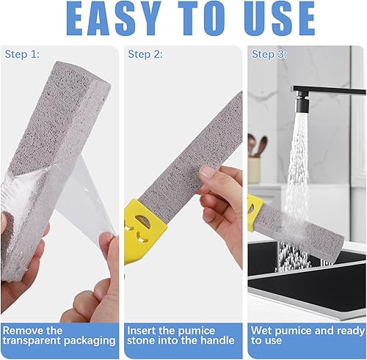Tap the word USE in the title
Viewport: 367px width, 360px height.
280,18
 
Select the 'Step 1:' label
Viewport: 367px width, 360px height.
22,54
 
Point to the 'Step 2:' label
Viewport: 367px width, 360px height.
145,54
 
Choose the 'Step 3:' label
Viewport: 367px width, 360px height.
269,54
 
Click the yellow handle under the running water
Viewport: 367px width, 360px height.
255,212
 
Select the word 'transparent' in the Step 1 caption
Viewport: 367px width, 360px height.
32,340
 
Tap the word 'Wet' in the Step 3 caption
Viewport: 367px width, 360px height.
261,331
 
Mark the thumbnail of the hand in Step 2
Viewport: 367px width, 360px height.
208,173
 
